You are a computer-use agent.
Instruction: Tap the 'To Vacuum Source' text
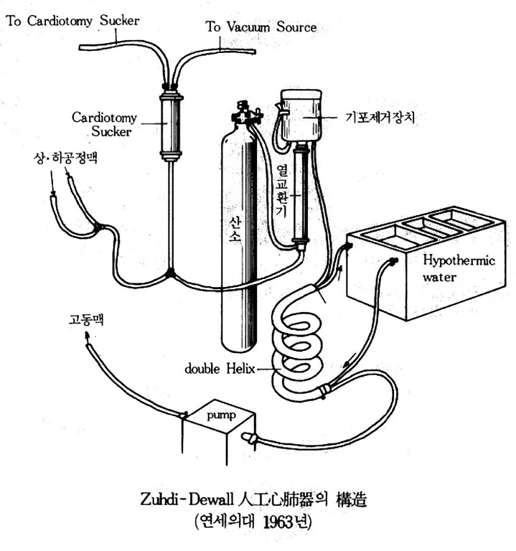pos(261,27)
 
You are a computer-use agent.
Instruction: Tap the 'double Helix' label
pos(216,369)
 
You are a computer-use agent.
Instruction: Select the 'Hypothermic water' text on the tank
pos(449,267)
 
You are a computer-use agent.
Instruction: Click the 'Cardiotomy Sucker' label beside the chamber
pos(109,123)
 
